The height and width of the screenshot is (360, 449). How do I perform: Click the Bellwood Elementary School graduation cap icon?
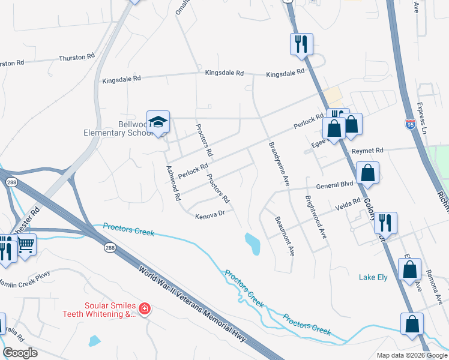pyautogui.click(x=159, y=122)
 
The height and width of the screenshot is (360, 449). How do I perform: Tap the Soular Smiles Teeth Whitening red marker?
pyautogui.click(x=144, y=309)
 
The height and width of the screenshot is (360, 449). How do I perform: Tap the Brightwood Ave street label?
pyautogui.click(x=316, y=217)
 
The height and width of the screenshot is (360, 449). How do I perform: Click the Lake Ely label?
pyautogui.click(x=375, y=277)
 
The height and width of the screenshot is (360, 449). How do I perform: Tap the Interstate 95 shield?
pyautogui.click(x=411, y=124)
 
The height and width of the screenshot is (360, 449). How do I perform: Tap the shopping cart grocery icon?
pyautogui.click(x=26, y=244)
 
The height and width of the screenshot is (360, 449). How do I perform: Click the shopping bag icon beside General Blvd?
pyautogui.click(x=367, y=173)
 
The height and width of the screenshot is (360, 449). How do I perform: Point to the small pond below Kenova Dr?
pyautogui.click(x=252, y=244)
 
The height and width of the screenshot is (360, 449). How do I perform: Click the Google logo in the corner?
pyautogui.click(x=20, y=353)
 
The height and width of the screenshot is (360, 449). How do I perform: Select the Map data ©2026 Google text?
pyautogui.click(x=411, y=355)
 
